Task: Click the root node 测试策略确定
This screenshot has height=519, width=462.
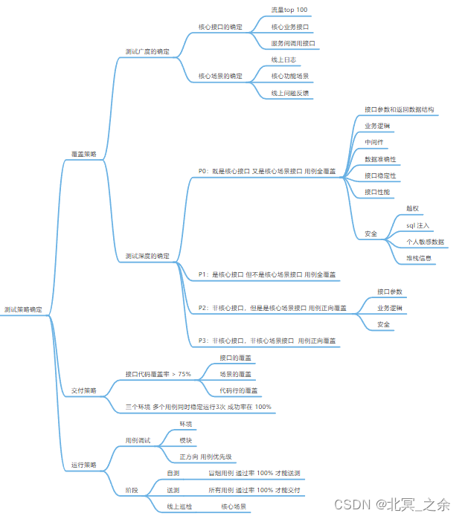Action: click(x=23, y=309)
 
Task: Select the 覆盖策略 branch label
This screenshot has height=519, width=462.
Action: click(x=83, y=154)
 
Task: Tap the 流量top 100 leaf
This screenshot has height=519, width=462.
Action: click(x=289, y=10)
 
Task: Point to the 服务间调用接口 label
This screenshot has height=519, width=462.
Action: click(x=293, y=43)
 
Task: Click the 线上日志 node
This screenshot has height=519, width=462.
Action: click(x=283, y=59)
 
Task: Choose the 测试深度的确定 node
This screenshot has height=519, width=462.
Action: click(x=147, y=256)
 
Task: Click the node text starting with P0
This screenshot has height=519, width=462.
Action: click(x=266, y=171)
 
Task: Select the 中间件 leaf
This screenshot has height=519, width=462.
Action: click(x=374, y=141)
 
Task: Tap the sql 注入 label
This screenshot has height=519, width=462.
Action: click(x=418, y=225)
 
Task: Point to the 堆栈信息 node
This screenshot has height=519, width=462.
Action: click(x=420, y=258)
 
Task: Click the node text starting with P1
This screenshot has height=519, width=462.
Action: click(x=266, y=274)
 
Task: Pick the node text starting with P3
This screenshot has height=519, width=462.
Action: click(x=266, y=340)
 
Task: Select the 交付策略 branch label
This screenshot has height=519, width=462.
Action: click(x=83, y=390)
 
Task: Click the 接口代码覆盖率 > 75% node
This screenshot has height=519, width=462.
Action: click(x=158, y=373)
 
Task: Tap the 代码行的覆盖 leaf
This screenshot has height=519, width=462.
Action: click(x=238, y=390)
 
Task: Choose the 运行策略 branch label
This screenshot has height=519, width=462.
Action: click(x=83, y=465)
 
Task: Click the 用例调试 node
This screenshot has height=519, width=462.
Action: click(x=138, y=440)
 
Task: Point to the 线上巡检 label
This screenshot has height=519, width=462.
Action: click(x=179, y=506)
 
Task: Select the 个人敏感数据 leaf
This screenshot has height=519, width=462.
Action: click(x=425, y=242)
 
